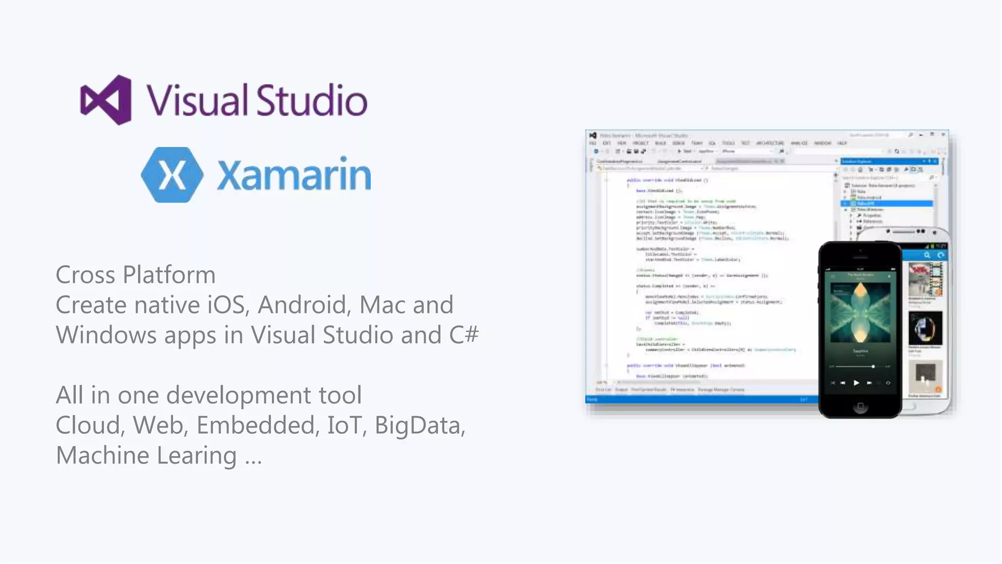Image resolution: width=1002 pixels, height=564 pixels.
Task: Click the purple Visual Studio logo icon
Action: [106, 100]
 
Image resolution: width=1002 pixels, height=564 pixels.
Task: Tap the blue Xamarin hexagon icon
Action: [172, 175]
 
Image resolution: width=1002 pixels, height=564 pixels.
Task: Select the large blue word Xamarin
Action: [294, 175]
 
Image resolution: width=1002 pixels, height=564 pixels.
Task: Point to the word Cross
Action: [86, 275]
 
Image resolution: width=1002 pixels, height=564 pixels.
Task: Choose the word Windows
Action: [106, 335]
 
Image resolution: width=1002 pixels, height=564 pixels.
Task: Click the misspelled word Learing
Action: [196, 456]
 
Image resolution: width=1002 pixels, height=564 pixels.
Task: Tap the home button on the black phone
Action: [861, 406]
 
